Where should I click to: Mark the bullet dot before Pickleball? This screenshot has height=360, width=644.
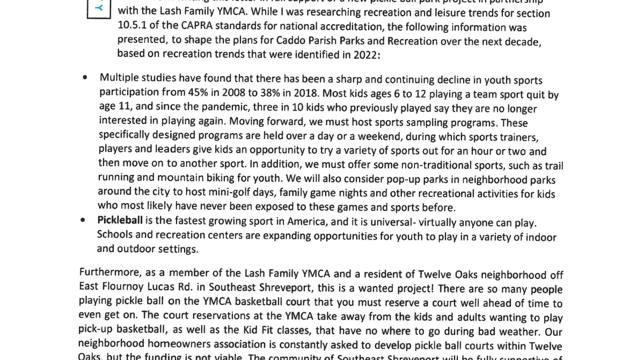point(83,220)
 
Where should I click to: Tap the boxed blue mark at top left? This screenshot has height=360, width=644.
point(98,8)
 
